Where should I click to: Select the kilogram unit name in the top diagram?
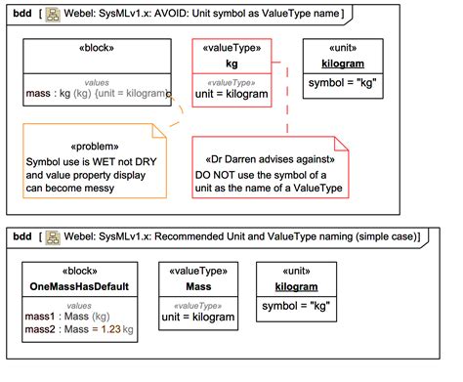(x=343, y=63)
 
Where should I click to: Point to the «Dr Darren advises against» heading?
(x=273, y=157)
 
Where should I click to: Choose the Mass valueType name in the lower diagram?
(x=199, y=287)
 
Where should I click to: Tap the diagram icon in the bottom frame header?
(x=53, y=236)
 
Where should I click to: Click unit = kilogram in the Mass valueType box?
(x=199, y=317)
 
